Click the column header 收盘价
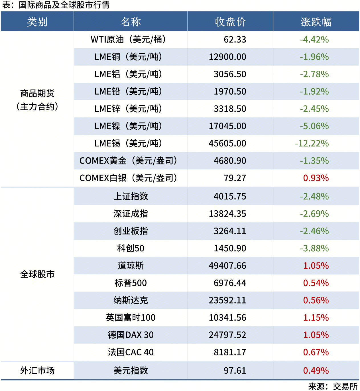[x=230, y=22]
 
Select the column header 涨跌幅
[x=316, y=22]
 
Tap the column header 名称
[x=131, y=22]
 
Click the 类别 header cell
[x=37, y=22]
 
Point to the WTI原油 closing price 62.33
[x=235, y=40]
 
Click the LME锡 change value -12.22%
[x=312, y=143]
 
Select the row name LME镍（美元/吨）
[x=128, y=126]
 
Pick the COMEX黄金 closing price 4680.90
[x=230, y=161]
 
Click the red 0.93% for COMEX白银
[x=316, y=178]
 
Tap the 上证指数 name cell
[x=131, y=196]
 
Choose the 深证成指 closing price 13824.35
[x=227, y=214]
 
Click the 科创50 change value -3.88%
[x=314, y=249]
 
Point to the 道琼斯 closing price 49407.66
[x=227, y=266]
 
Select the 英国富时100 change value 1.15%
[x=316, y=318]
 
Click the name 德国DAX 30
[x=131, y=335]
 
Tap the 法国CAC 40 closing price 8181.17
[x=230, y=352]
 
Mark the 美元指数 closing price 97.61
[x=235, y=370]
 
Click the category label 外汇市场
[x=37, y=370]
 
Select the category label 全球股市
[x=37, y=274]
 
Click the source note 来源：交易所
[x=333, y=386]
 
